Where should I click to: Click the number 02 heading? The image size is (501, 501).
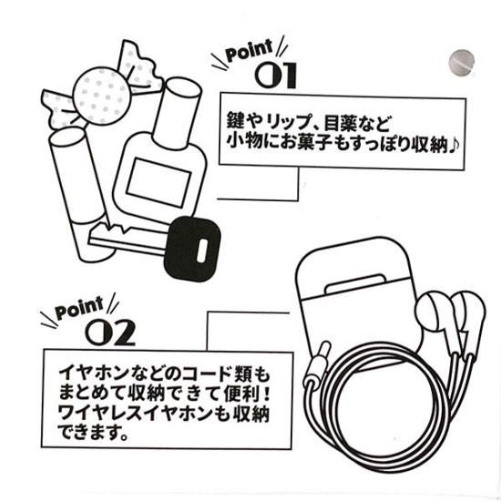coord(110,332)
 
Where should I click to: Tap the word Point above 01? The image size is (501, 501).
coord(250,50)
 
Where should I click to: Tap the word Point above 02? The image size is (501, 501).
coord(79,308)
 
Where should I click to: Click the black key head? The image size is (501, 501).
coord(192,249)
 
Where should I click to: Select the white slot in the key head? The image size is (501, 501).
coord(202,250)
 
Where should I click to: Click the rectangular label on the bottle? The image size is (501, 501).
coord(158,182)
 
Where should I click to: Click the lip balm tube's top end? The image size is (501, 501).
coord(67,137)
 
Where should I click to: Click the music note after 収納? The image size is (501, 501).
coord(454,146)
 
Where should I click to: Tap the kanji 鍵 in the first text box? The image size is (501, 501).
coord(236,121)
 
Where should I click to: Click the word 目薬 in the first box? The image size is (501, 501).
coord(340,122)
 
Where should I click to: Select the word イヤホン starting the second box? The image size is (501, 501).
coord(94,373)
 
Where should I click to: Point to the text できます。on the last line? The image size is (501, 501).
coord(93,433)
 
